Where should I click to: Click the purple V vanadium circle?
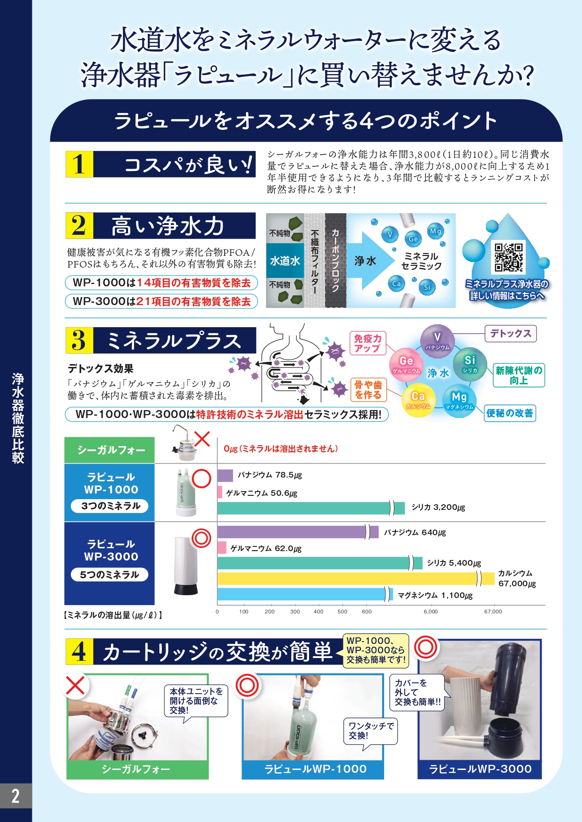pos(437,340)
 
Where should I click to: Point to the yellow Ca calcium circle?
pos(418,400)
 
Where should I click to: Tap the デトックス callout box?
pos(510,334)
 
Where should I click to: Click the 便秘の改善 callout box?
pos(510,413)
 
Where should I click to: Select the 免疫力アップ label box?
pos(368,343)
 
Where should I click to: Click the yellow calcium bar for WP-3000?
pos(356,579)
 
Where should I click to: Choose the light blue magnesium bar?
pos(305,594)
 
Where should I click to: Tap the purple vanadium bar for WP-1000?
pos(225,475)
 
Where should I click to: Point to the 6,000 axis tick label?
pos(431,612)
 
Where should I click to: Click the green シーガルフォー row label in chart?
pos(110,450)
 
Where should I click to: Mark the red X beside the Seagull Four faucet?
pos(202,439)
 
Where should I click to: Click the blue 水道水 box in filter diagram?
pos(285,261)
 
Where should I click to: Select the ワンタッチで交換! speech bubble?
pos(371,732)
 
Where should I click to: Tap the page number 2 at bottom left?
pos(16,796)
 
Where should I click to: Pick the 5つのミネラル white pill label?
pos(110,575)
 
